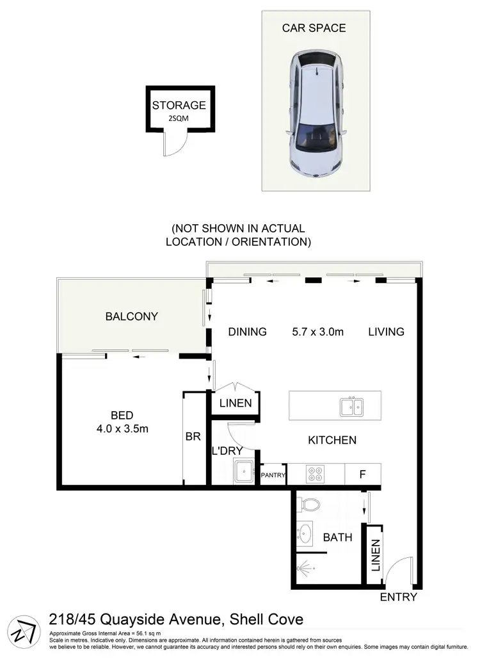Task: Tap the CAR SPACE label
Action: (314, 28)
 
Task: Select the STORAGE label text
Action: (179, 106)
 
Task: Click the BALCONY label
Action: (132, 316)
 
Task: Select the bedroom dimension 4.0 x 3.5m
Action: (122, 429)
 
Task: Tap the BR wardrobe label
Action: (193, 437)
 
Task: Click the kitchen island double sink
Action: (351, 406)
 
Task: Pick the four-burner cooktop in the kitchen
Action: (316, 475)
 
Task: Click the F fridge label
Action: (362, 475)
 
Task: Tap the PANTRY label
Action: (273, 475)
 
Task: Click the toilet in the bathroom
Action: (310, 503)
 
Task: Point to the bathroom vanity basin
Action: (305, 533)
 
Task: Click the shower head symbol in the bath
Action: (307, 567)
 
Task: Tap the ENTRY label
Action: (398, 598)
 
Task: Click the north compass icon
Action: (26, 630)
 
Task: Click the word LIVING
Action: (386, 332)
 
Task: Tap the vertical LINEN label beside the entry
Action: (375, 555)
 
